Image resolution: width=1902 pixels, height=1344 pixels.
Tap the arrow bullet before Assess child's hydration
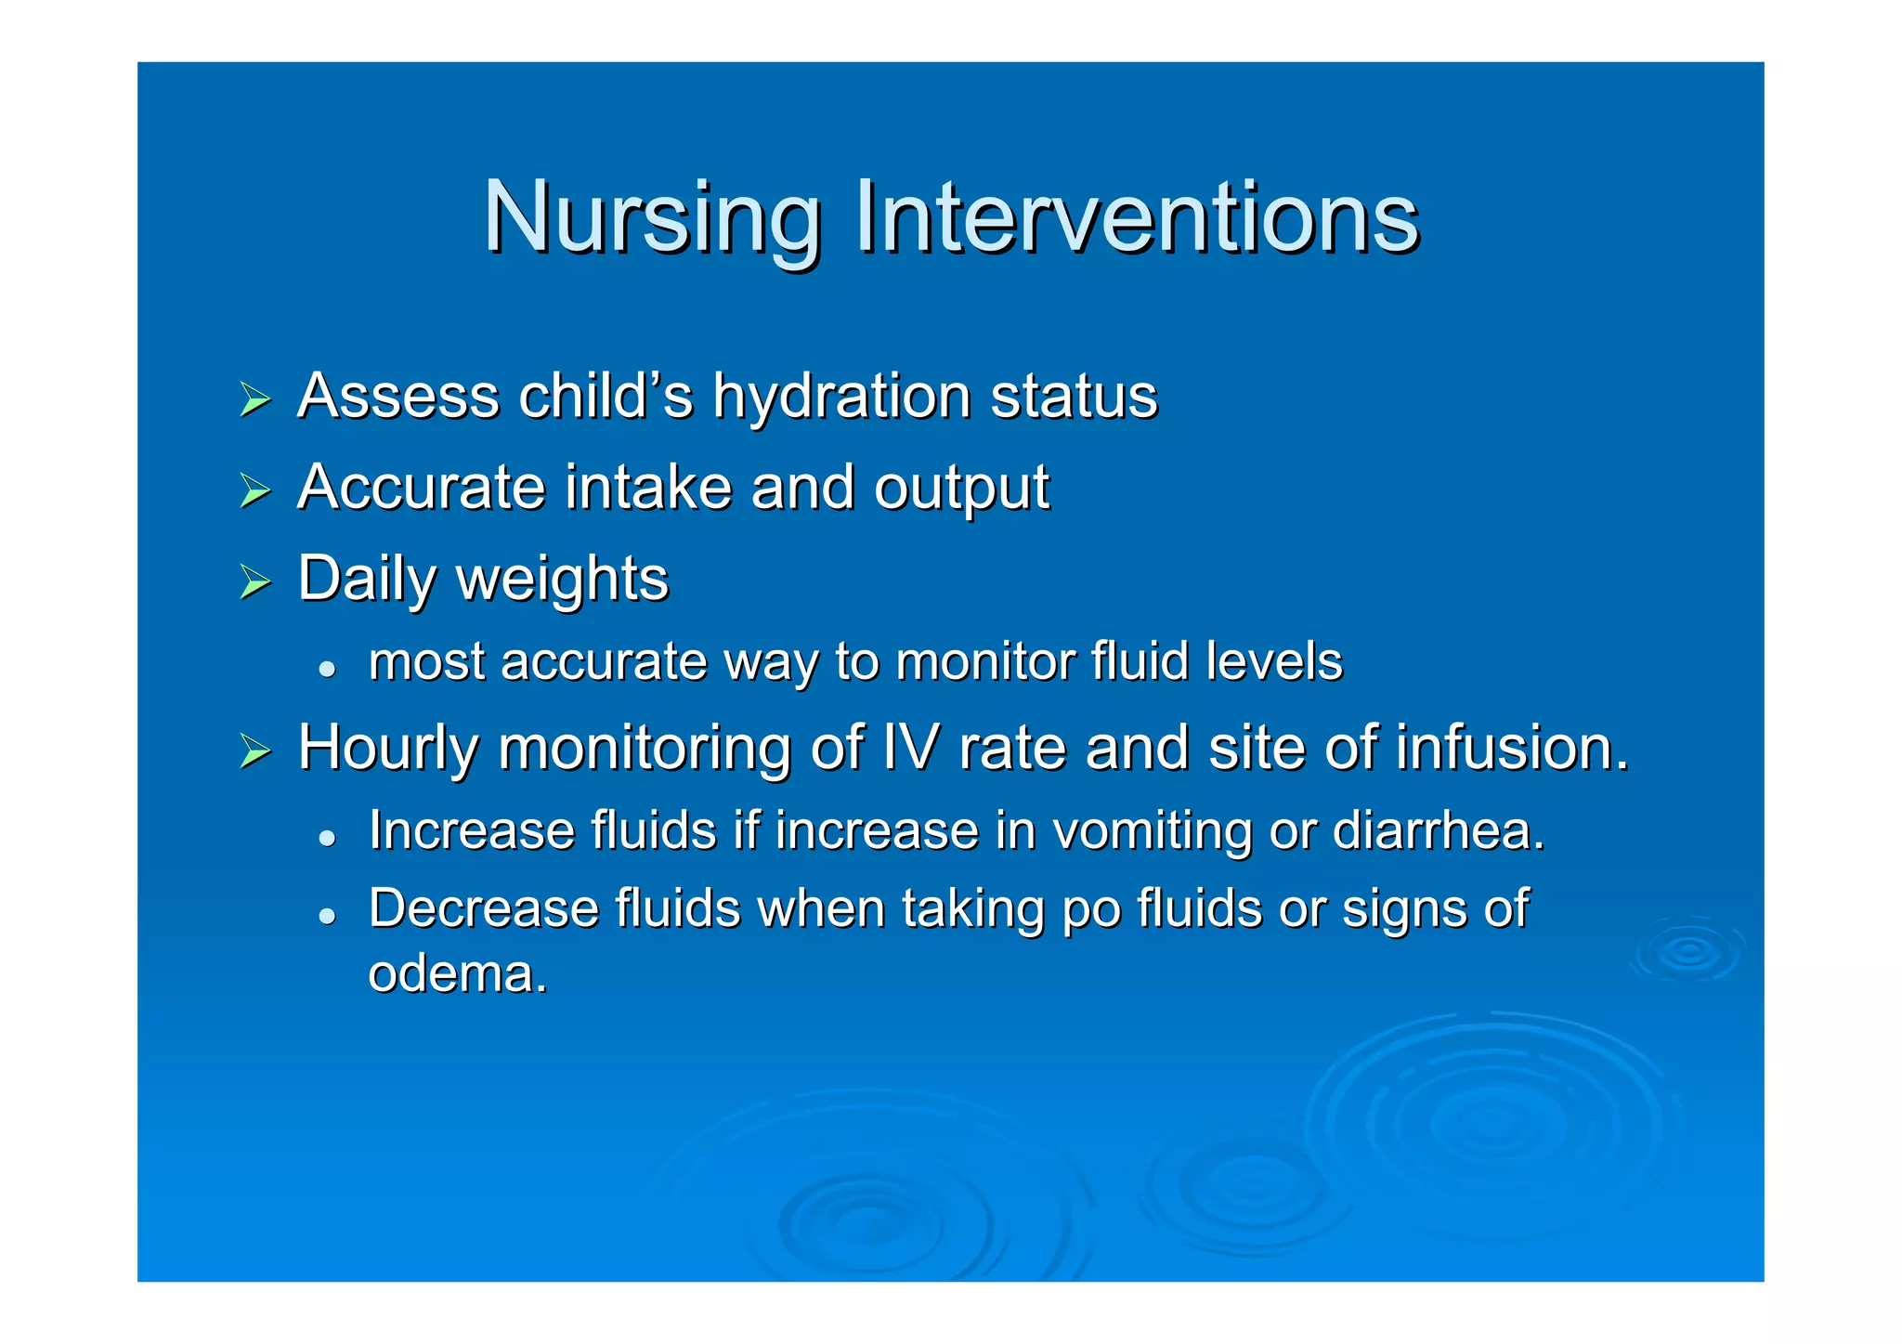click(x=254, y=399)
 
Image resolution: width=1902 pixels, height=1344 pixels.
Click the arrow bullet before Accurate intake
click(x=254, y=490)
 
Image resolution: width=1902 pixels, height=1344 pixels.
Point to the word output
click(x=961, y=489)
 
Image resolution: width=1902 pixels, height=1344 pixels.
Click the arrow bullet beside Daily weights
click(x=254, y=582)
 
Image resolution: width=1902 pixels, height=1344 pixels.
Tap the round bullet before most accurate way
click(x=326, y=668)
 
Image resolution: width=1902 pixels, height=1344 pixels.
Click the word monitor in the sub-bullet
click(x=984, y=662)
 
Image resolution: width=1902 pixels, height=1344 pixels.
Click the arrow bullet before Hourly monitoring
click(x=254, y=750)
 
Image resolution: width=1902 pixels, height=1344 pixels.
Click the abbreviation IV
click(x=912, y=748)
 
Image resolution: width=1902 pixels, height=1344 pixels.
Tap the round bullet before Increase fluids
click(x=326, y=837)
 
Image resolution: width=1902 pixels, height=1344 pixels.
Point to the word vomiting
click(x=1153, y=831)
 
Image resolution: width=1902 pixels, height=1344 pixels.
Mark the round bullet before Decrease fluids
click(x=326, y=915)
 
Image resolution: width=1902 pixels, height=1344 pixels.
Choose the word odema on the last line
click(x=457, y=974)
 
